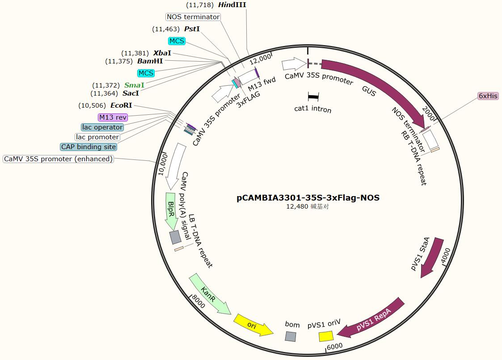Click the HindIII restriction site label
(232, 5)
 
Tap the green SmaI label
(134, 85)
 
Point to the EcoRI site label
(121, 105)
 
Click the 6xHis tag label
(488, 96)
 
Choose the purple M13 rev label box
(113, 117)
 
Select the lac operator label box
(102, 127)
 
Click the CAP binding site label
(89, 147)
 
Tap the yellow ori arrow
(253, 325)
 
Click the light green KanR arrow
(209, 294)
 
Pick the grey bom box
(291, 336)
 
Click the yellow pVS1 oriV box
(326, 336)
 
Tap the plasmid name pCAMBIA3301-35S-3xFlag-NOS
(308, 197)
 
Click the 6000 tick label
(335, 346)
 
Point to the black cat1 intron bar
(313, 96)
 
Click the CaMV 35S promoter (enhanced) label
(58, 159)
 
